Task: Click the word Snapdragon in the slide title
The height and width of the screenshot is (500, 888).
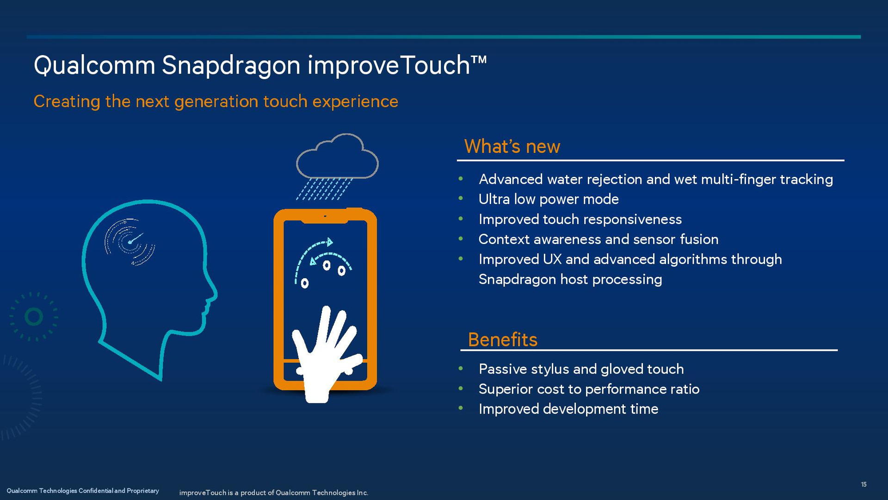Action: (x=231, y=66)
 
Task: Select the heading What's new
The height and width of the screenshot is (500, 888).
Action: (x=512, y=146)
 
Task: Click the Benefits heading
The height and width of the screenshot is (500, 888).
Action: (x=503, y=339)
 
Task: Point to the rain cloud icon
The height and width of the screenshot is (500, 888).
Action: (x=337, y=156)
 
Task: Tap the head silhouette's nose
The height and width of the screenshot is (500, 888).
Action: (x=213, y=293)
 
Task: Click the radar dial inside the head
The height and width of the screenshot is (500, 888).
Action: (x=130, y=242)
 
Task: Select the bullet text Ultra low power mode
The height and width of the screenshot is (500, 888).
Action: (x=549, y=199)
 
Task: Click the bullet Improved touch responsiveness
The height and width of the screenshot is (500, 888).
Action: (x=580, y=219)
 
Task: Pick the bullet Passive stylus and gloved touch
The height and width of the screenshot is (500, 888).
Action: (x=581, y=369)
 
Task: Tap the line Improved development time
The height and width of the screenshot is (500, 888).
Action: (x=568, y=409)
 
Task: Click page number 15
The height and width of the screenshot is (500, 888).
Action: (x=863, y=484)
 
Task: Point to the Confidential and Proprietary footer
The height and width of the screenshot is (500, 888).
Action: (x=83, y=491)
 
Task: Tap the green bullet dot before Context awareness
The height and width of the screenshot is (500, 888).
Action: (x=461, y=239)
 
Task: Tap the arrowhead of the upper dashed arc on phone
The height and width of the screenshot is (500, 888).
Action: (x=330, y=242)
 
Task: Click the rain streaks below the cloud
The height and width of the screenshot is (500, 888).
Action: (x=324, y=189)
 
